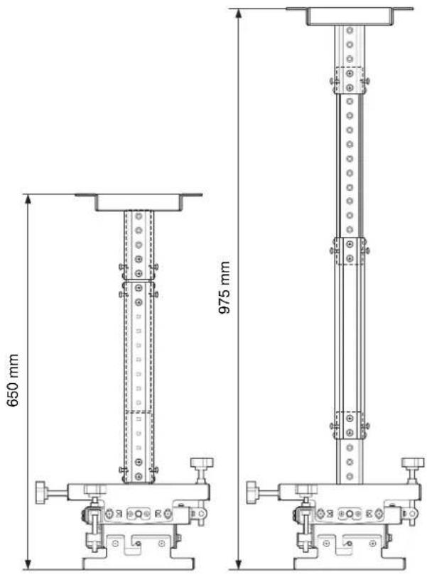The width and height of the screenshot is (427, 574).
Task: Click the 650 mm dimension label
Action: [13, 380]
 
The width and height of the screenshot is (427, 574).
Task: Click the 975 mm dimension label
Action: [225, 287]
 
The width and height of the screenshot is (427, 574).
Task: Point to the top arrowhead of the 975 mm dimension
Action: [239, 13]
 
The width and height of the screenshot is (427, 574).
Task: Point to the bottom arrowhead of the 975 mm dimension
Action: [239, 565]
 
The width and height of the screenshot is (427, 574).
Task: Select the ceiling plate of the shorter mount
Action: [139, 202]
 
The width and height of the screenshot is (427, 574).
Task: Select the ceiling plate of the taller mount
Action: [350, 16]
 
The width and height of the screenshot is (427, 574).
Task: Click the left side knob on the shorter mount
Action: [40, 492]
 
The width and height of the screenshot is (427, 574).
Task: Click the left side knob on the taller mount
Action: [252, 492]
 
